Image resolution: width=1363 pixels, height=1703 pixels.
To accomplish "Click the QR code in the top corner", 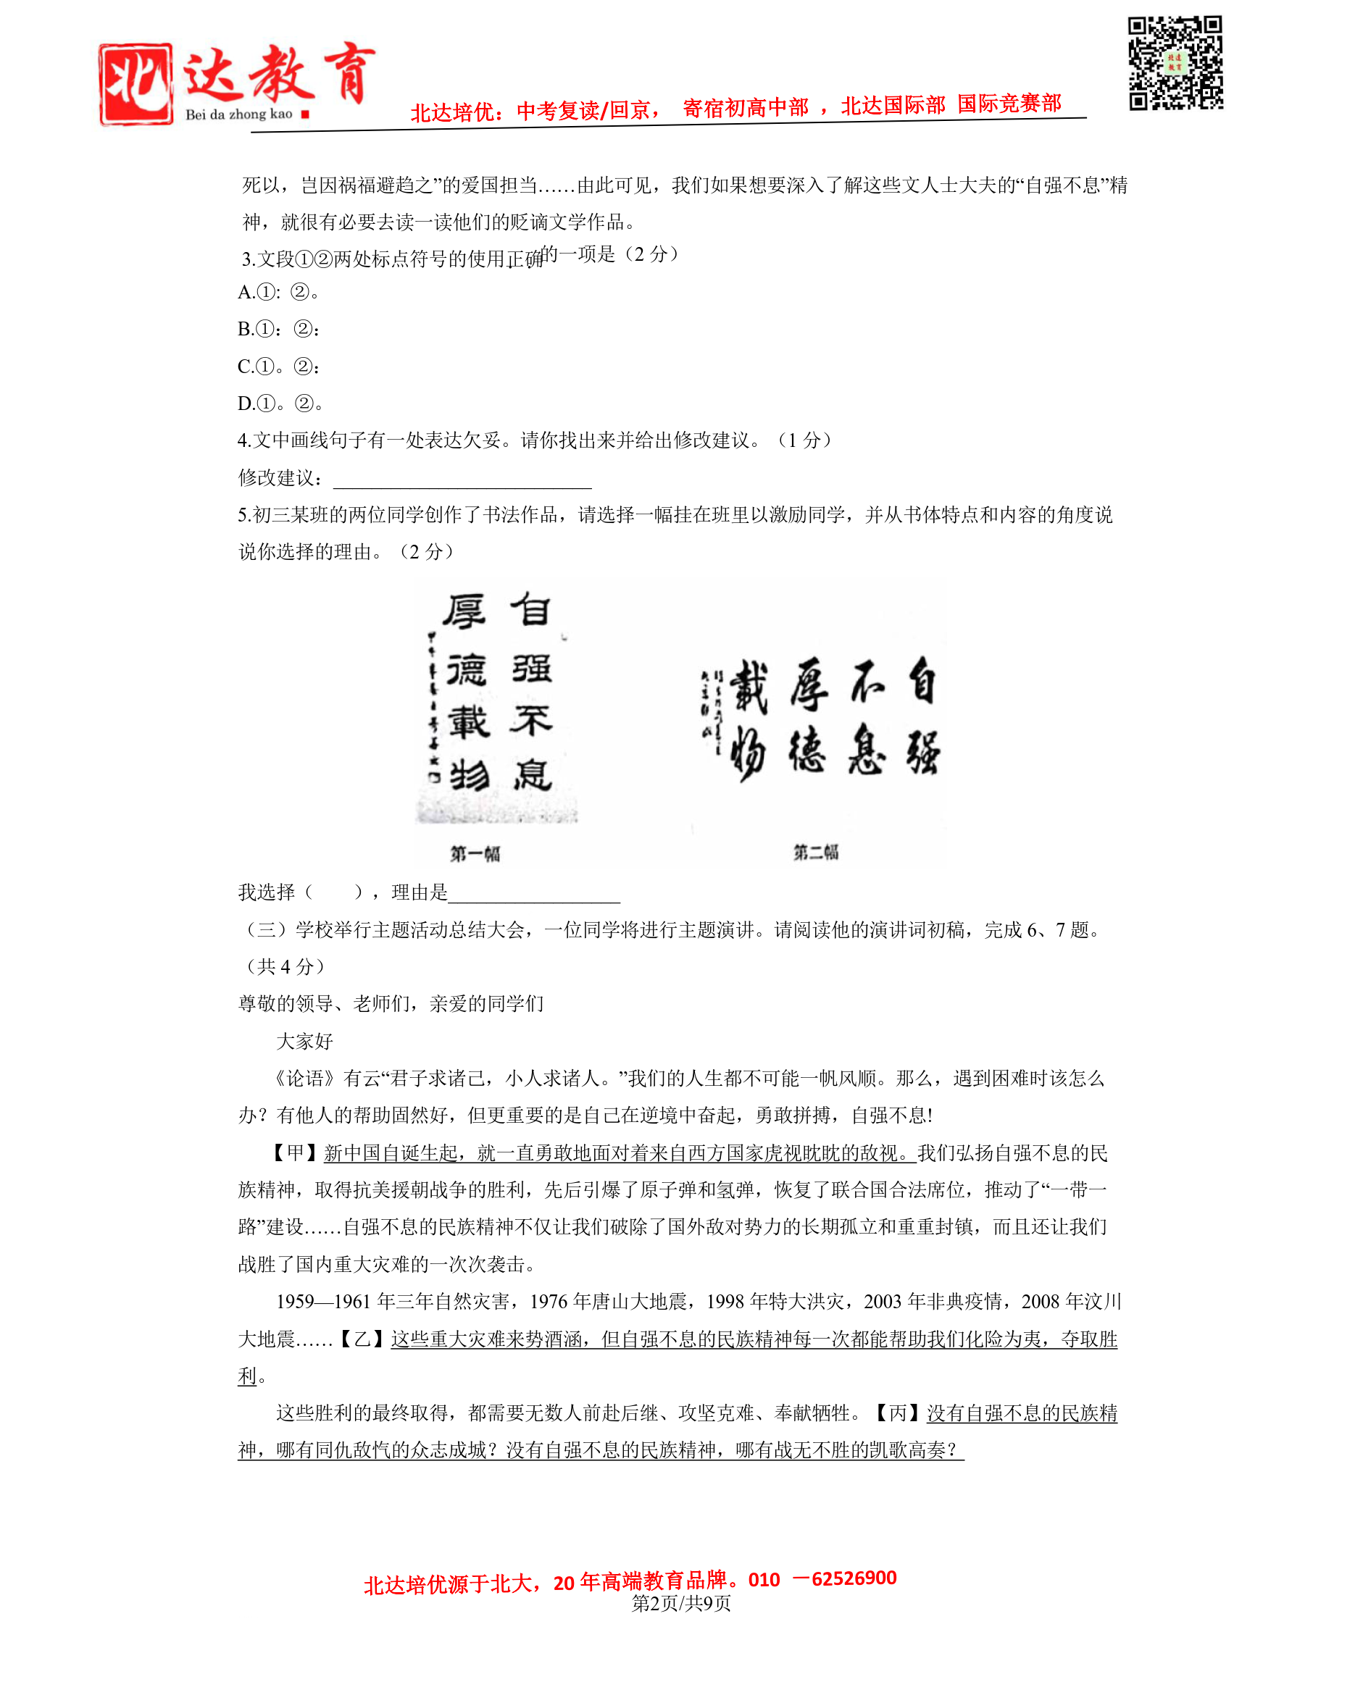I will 1175,62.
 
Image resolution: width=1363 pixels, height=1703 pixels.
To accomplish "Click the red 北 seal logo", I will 136,84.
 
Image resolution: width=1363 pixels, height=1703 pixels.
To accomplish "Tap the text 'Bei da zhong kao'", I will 238,114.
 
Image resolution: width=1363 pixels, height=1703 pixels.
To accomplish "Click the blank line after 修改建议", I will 462,479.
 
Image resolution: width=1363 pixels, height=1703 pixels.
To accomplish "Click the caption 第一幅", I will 475,853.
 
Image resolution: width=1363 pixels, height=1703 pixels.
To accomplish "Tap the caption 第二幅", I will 815,852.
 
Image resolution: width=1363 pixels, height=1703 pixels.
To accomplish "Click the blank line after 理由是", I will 534,893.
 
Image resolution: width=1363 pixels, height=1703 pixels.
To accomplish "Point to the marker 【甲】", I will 295,1152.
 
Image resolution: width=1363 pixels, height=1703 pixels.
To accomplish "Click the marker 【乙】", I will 362,1339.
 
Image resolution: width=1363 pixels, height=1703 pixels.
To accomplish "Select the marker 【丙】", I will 898,1413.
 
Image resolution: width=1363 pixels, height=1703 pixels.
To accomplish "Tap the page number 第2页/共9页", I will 681,1603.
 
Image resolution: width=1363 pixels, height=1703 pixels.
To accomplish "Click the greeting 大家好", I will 304,1041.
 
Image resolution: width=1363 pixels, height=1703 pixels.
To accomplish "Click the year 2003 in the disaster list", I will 882,1302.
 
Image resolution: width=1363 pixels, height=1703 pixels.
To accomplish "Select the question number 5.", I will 243,516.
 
